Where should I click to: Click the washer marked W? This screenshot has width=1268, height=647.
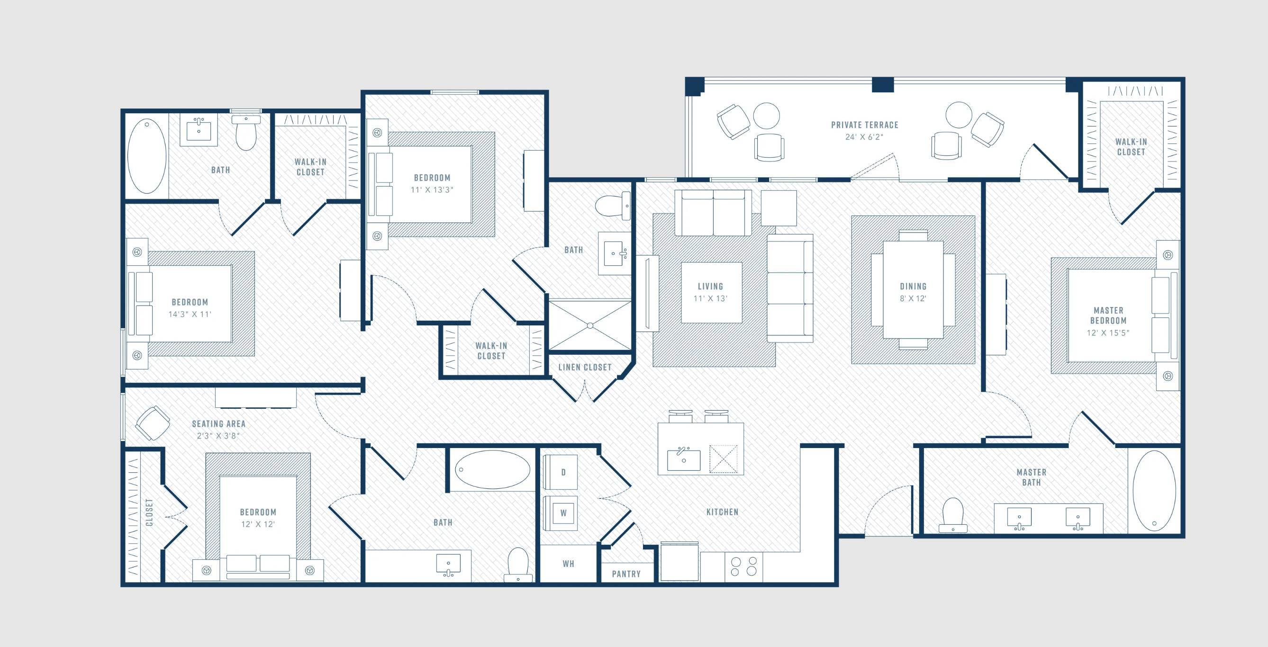click(x=561, y=512)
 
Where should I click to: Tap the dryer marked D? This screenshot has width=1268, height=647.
click(x=561, y=472)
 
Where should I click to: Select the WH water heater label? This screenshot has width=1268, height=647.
click(x=569, y=564)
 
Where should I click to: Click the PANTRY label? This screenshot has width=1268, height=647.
click(x=626, y=574)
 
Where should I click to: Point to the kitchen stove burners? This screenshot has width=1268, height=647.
click(x=744, y=566)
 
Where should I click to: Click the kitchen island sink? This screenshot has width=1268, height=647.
click(x=684, y=459)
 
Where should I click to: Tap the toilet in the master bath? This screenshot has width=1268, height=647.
click(x=953, y=515)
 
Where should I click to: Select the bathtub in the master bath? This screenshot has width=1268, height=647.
click(x=1154, y=491)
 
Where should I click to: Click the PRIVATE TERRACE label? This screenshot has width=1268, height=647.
click(x=865, y=125)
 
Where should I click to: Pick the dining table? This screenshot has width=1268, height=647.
click(x=913, y=289)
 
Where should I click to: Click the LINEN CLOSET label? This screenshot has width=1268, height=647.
click(x=585, y=367)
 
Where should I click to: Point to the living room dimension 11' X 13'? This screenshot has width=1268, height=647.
click(x=710, y=299)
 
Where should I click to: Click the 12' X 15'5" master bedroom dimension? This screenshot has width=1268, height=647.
click(x=1108, y=332)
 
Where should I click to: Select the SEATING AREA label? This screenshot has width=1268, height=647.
click(x=218, y=423)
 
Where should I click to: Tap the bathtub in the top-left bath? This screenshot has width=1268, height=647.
click(x=147, y=156)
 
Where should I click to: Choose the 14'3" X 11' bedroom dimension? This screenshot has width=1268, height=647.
click(x=190, y=314)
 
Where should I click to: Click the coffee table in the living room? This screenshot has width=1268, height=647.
click(x=711, y=293)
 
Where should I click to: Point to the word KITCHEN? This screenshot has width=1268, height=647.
click(x=722, y=512)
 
